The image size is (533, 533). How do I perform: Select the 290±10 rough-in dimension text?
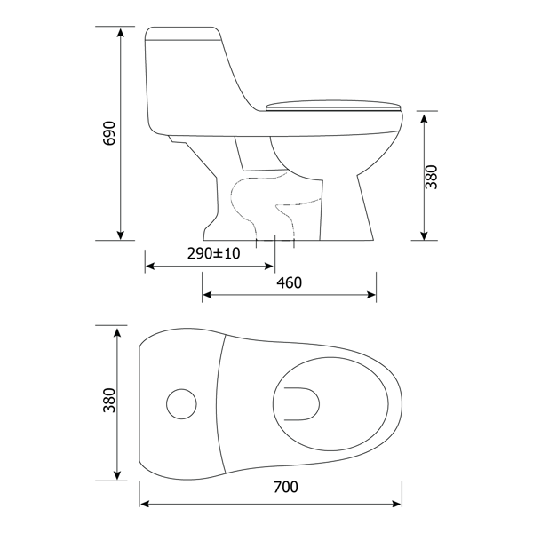point(213,253)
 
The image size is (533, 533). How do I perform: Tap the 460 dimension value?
point(289,283)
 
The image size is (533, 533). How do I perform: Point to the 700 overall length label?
point(285,487)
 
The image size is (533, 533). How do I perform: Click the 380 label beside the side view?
point(431,177)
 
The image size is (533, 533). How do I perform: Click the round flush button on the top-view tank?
point(182,404)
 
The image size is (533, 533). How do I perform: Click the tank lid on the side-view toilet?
point(185,36)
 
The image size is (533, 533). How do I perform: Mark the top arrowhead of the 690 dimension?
point(121,31)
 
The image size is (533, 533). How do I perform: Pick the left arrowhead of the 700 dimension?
point(145,504)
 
